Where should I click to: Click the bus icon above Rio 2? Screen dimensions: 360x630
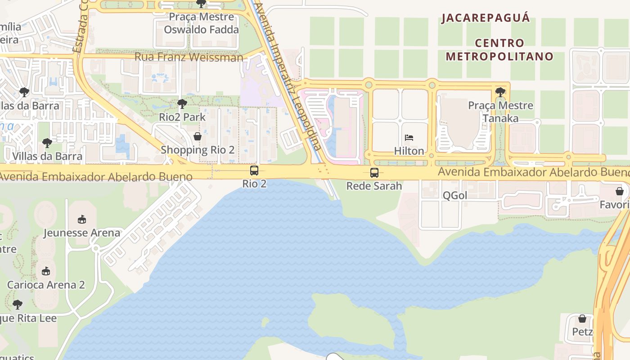coord(254,171)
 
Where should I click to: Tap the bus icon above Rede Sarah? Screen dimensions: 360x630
coord(374,172)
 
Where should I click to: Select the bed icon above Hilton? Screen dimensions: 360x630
coord(409,138)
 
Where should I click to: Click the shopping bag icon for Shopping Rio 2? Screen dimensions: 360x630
coord(197,136)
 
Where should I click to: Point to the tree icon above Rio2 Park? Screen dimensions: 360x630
coord(182,104)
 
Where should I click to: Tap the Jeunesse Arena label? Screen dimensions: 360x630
coord(82,233)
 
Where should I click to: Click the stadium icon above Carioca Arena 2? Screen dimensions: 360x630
coord(45,271)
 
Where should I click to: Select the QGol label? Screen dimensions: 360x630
coord(455,195)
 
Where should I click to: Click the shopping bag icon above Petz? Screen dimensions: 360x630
coord(582,319)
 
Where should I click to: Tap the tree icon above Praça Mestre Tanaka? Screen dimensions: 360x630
coord(500,92)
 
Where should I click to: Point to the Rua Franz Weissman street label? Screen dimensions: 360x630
coord(189,57)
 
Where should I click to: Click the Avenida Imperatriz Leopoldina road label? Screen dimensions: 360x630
coord(288,76)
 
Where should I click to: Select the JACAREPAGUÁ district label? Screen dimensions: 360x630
coord(486,18)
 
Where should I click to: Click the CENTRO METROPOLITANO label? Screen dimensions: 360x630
coord(499,50)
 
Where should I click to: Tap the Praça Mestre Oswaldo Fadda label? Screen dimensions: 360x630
coord(201,23)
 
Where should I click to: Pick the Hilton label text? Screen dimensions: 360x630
coord(409,151)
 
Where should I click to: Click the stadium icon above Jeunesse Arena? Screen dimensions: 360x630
coord(81,220)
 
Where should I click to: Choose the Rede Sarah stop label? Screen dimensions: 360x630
coord(374,185)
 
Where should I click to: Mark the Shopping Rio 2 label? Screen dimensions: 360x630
coord(198,150)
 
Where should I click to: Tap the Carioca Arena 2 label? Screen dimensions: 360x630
coord(46,285)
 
